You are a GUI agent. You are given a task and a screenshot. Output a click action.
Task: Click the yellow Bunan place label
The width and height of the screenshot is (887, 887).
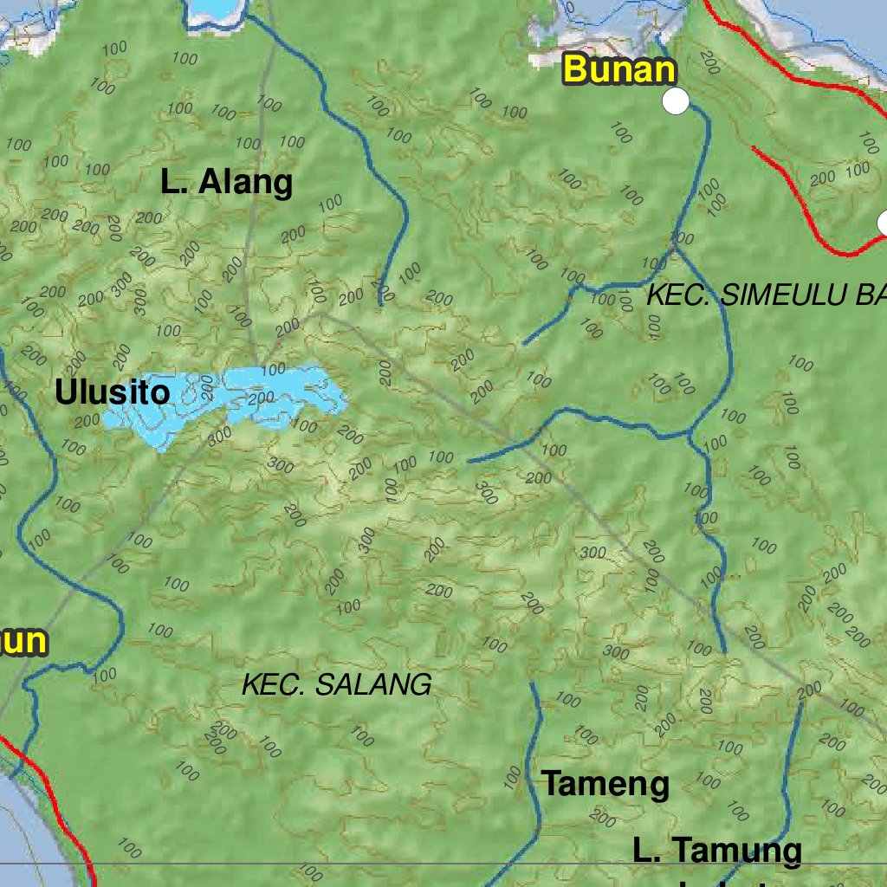[618, 69]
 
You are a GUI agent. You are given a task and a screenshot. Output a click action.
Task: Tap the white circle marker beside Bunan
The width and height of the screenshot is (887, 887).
[676, 101]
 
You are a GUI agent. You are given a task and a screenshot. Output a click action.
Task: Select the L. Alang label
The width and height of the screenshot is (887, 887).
[227, 183]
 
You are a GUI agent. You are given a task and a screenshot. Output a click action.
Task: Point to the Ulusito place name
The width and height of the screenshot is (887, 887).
[113, 392]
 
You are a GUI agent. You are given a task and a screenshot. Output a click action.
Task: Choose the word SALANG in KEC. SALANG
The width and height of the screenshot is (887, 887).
[373, 684]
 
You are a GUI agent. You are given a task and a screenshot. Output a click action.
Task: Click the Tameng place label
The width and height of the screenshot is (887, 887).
[605, 784]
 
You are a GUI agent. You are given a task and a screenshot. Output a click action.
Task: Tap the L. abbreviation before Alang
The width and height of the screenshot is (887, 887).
[173, 183]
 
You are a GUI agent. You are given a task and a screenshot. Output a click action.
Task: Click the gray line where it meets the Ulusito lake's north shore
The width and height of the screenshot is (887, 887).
[257, 367]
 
